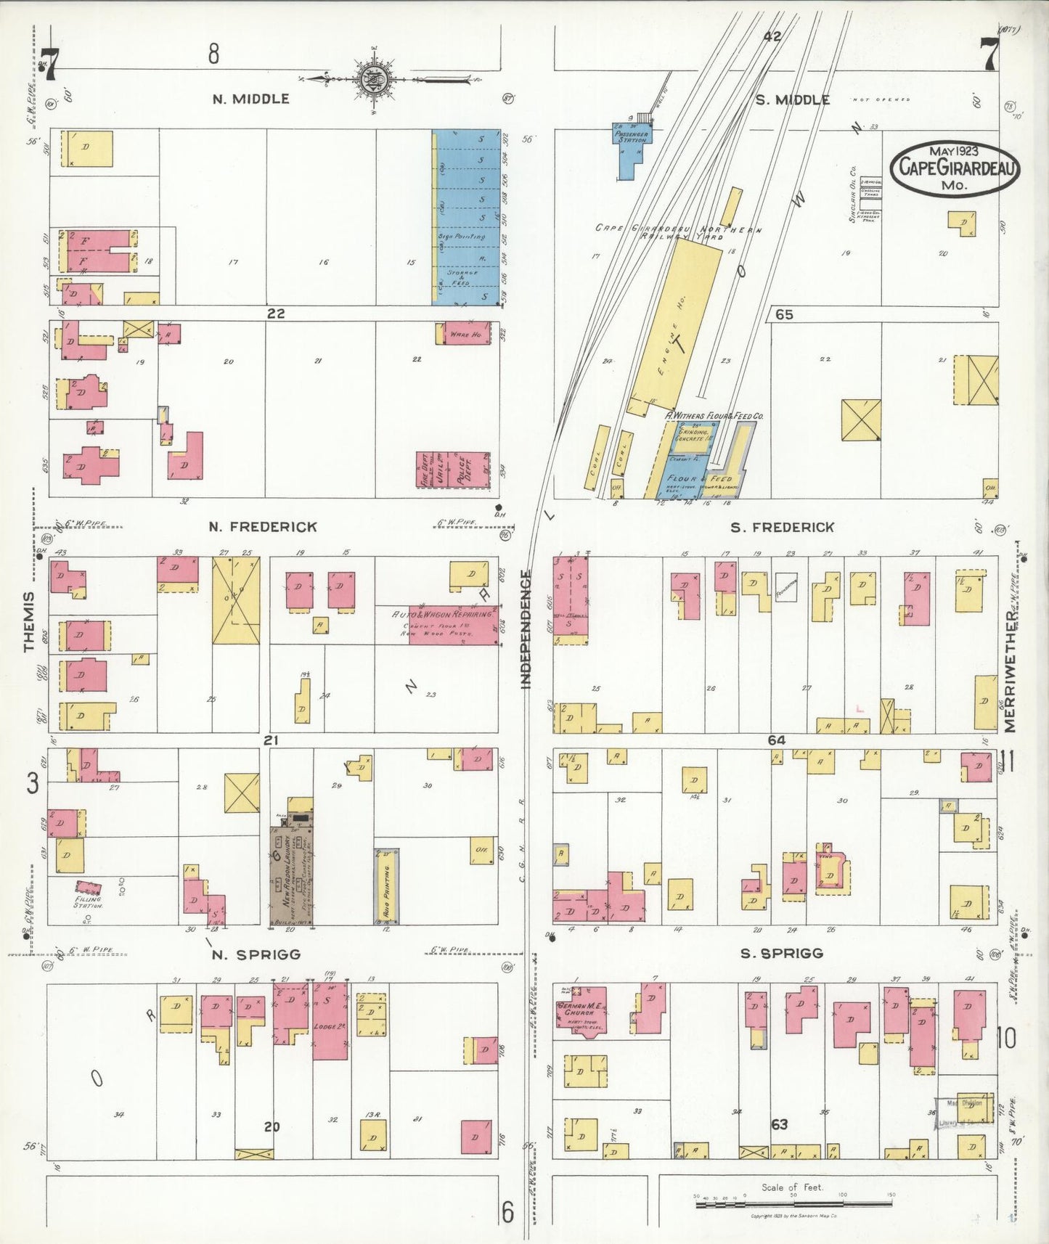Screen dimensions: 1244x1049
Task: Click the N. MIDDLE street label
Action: point(250,99)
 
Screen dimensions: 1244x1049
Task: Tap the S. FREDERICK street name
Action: point(782,527)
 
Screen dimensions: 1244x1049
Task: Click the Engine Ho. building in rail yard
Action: point(672,327)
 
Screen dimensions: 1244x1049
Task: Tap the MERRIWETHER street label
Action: point(1010,671)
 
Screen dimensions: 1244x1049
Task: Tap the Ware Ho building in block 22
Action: point(465,334)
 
